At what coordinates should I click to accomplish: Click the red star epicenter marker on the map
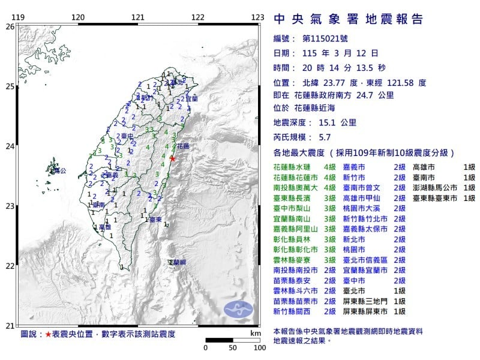tap(173, 158)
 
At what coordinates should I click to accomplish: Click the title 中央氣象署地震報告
tap(348, 19)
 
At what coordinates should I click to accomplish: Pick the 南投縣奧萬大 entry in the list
tap(294, 187)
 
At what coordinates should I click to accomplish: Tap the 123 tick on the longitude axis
tap(258, 17)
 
